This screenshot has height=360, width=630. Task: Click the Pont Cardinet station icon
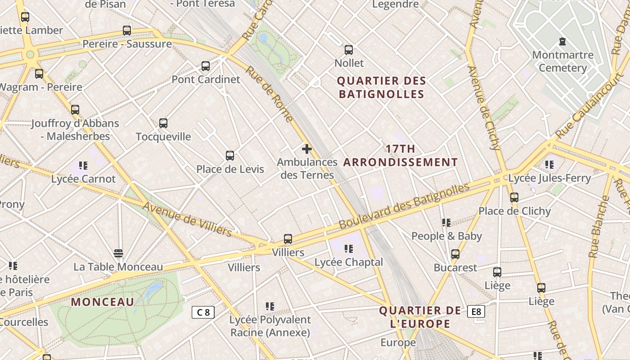(x=206, y=66)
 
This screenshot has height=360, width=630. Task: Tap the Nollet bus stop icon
(x=349, y=50)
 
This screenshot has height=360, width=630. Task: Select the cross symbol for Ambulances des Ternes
(x=307, y=149)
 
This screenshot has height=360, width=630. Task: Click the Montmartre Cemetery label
(x=562, y=62)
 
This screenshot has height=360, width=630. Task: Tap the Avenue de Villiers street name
(x=188, y=219)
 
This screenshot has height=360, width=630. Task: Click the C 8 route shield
(x=203, y=312)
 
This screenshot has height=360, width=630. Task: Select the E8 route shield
(x=476, y=311)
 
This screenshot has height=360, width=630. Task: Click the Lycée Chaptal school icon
(x=348, y=248)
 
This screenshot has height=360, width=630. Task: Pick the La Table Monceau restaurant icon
(x=118, y=253)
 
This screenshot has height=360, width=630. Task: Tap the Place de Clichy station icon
(x=514, y=197)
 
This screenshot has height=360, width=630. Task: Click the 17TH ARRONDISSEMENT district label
(x=400, y=155)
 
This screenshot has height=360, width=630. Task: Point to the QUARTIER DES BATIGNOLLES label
(x=381, y=87)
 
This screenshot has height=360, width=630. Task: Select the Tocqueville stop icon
(x=163, y=123)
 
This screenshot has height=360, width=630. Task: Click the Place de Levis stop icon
(x=230, y=156)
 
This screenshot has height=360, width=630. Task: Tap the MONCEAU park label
(x=103, y=302)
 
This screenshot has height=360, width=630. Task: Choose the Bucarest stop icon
(x=455, y=254)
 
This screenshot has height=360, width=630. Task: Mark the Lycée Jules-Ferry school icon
(x=549, y=165)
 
